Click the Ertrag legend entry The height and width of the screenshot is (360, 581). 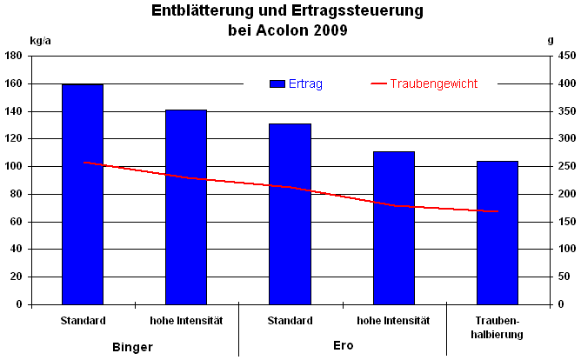coord(297,83)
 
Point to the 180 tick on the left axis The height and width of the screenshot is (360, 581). coord(14,56)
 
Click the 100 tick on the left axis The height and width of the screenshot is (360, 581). coord(14,166)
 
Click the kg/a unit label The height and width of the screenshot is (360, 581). coord(41,40)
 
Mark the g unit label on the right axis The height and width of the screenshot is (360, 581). coord(551,40)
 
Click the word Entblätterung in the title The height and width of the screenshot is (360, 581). coord(200,11)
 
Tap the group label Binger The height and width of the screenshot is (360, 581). coord(133,346)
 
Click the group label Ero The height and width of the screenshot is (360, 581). coord(343,345)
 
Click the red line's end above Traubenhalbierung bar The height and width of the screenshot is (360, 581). coord(497,211)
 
